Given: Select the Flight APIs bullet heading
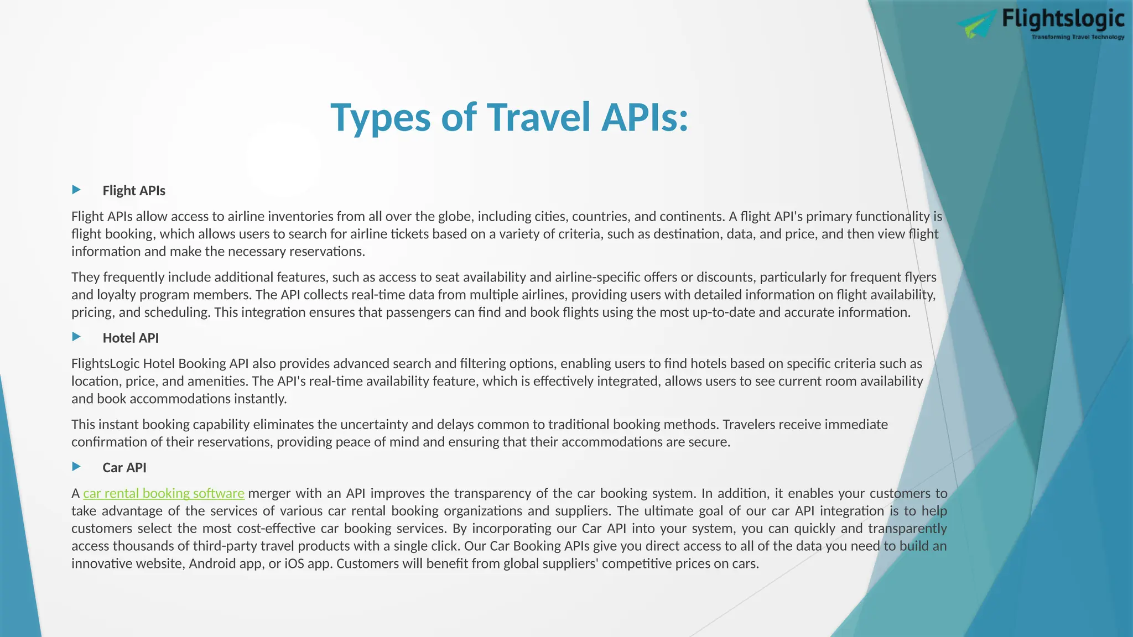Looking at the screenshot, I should pos(134,191).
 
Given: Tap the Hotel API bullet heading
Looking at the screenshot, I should pos(131,338).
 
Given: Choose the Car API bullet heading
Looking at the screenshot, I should pos(124,468).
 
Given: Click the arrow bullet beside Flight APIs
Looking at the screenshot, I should pos(76,190).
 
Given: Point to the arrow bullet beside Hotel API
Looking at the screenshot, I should pos(76,337).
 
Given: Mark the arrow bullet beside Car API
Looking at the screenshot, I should pos(76,467).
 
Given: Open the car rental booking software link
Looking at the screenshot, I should pos(164,493).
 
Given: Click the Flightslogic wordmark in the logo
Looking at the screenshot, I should pos(1063,19).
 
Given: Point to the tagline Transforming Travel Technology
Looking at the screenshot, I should pos(1078,37).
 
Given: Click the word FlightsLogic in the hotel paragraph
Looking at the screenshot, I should pos(105,364).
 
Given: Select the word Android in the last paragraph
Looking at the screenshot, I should pos(214,564).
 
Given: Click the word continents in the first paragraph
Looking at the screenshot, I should pos(692,216).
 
